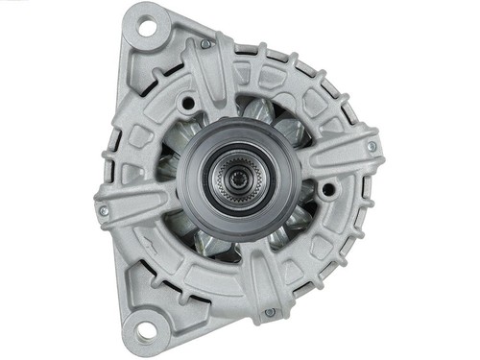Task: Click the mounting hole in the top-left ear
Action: click(x=146, y=27)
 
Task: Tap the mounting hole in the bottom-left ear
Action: click(x=145, y=331)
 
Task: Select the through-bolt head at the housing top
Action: click(x=205, y=43)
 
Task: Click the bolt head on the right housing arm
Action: click(x=372, y=147)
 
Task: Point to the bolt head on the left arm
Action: click(x=104, y=210)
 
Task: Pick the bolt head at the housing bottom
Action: click(x=270, y=312)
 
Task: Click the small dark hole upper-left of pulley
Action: click(x=188, y=100)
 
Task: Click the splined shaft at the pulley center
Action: click(x=237, y=178)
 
